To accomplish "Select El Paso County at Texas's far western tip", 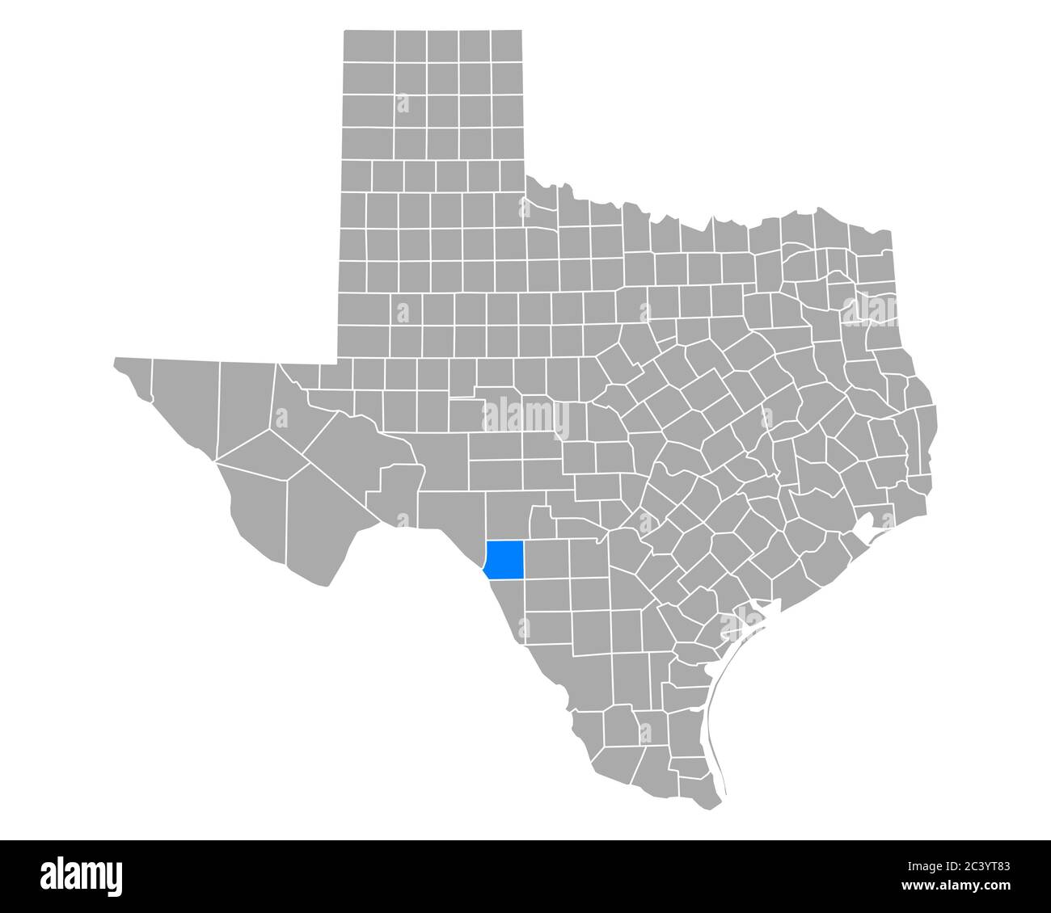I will (133, 376).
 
